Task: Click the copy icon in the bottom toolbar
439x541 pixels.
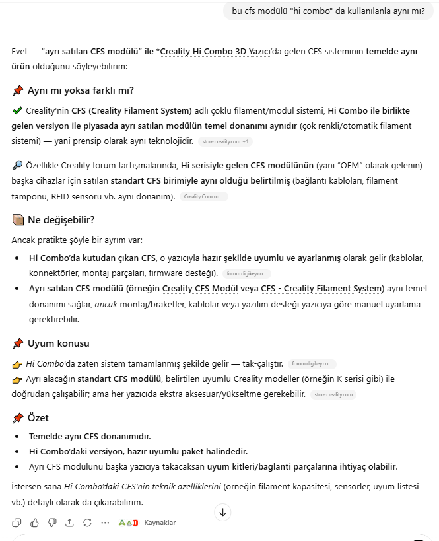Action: point(17,523)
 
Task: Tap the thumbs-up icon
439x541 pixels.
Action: point(34,523)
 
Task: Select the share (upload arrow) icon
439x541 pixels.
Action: point(69,523)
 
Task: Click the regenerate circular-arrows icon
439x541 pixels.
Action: point(87,523)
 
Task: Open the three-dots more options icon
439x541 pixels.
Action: point(105,523)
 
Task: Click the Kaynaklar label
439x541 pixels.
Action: point(160,523)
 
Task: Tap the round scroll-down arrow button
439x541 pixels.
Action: point(223,512)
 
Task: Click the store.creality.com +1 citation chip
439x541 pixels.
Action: point(226,141)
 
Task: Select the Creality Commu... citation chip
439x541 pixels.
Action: point(203,196)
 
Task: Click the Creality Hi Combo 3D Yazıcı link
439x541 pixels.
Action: point(215,51)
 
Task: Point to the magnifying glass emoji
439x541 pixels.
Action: point(17,165)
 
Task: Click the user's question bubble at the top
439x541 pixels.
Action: point(328,11)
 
